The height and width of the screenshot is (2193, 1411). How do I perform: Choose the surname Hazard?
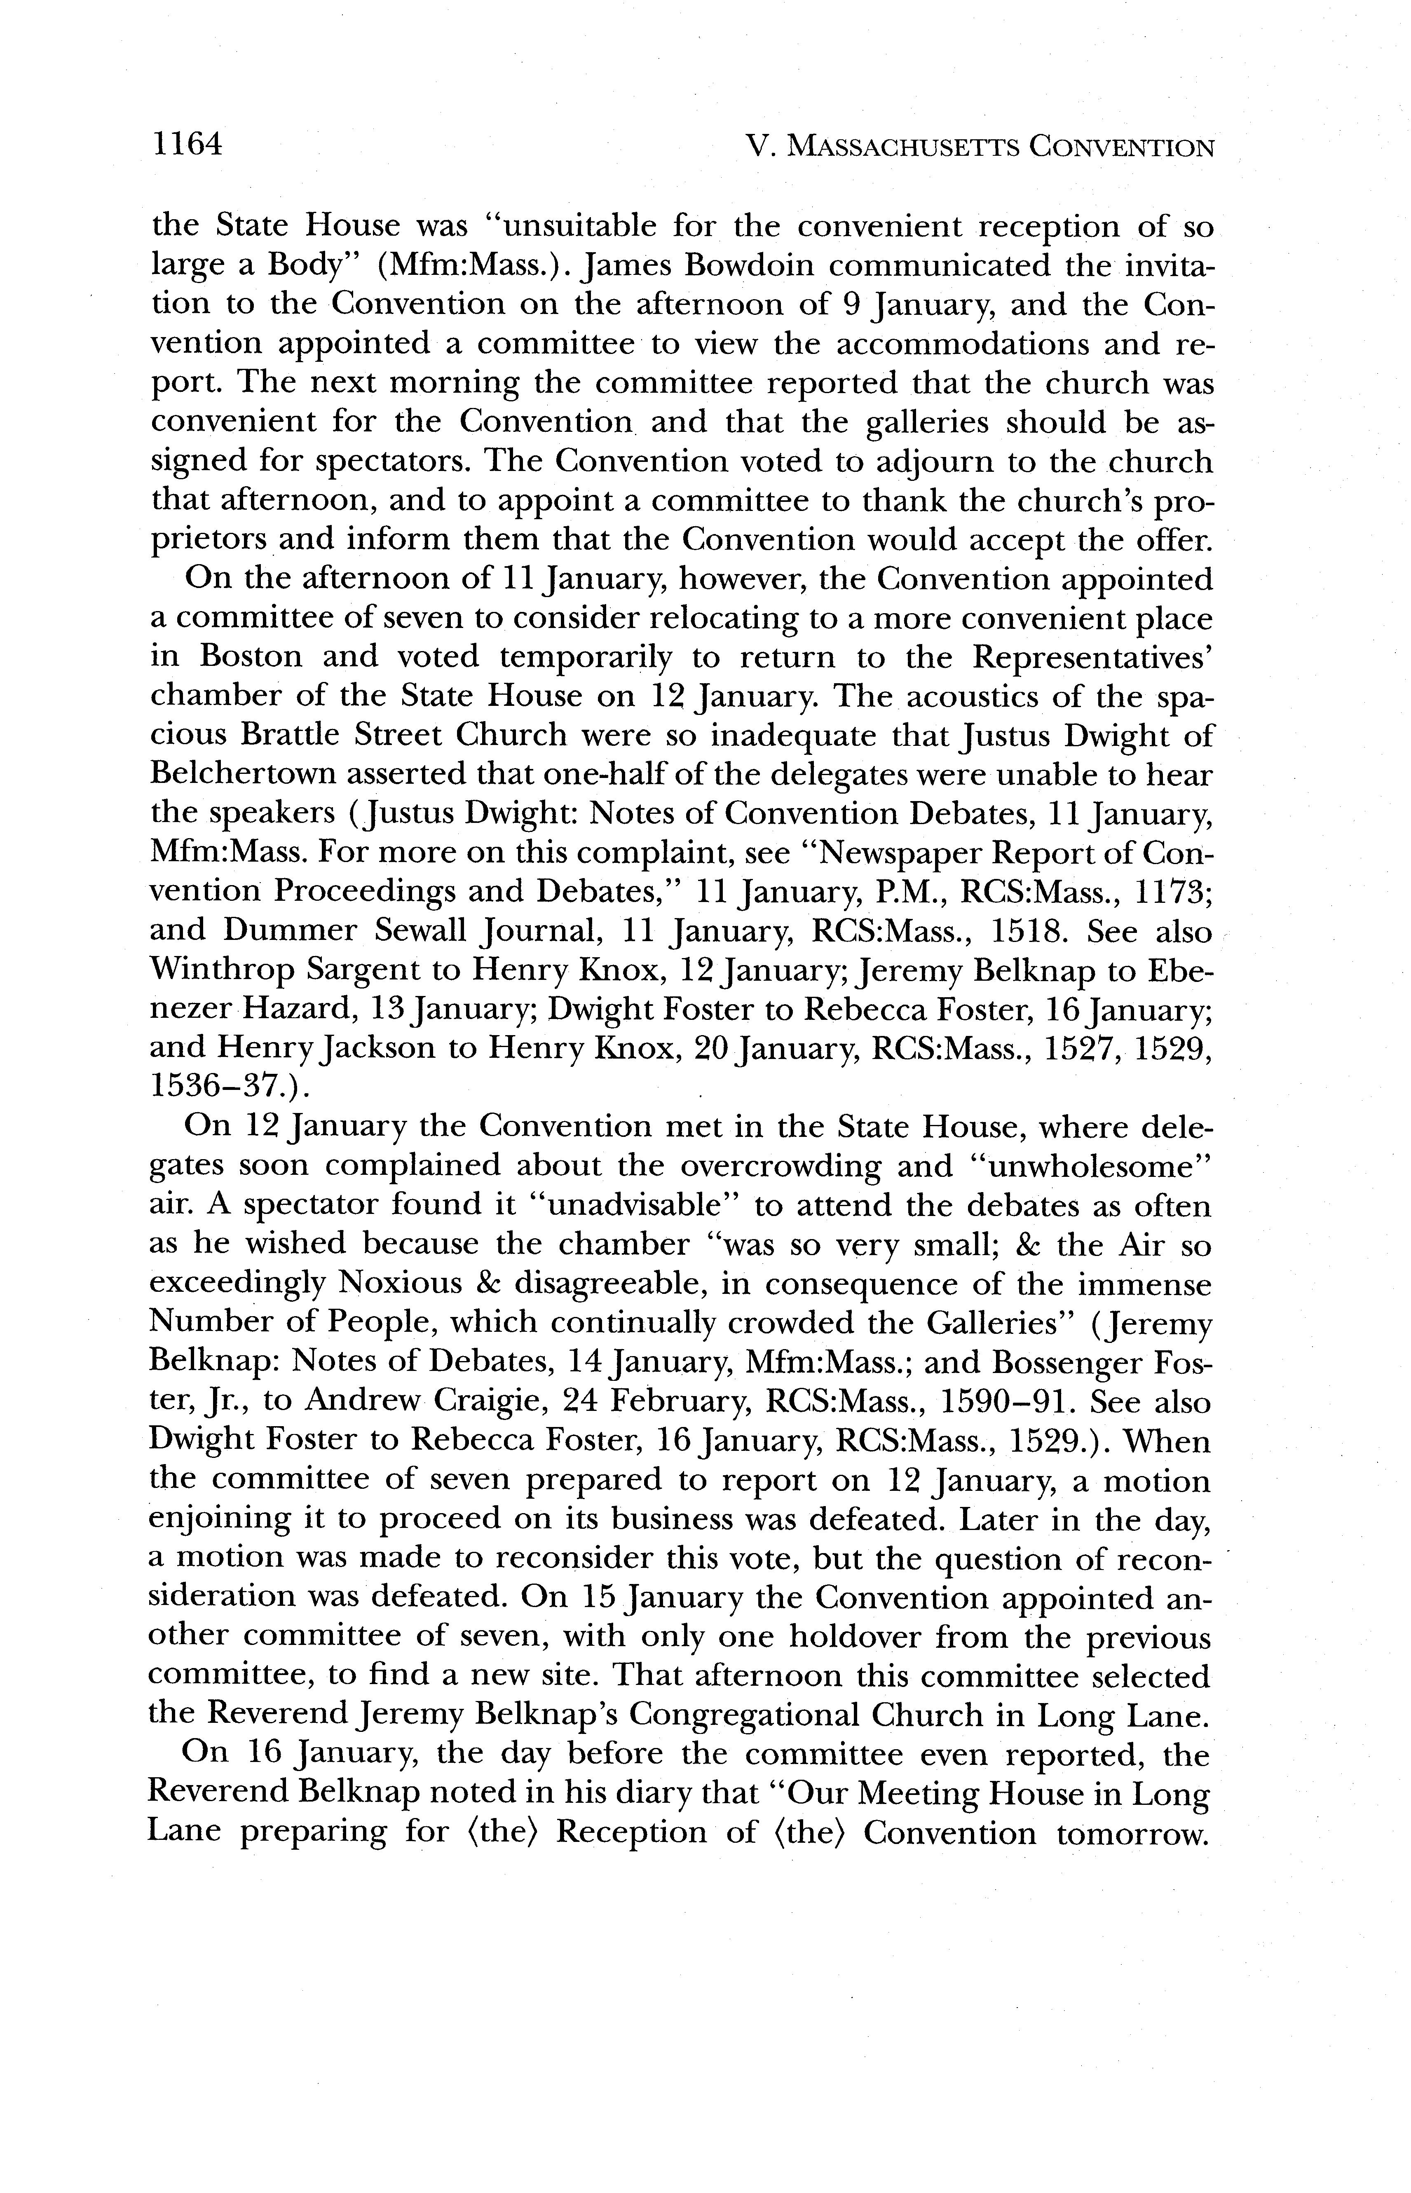(305, 1010)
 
